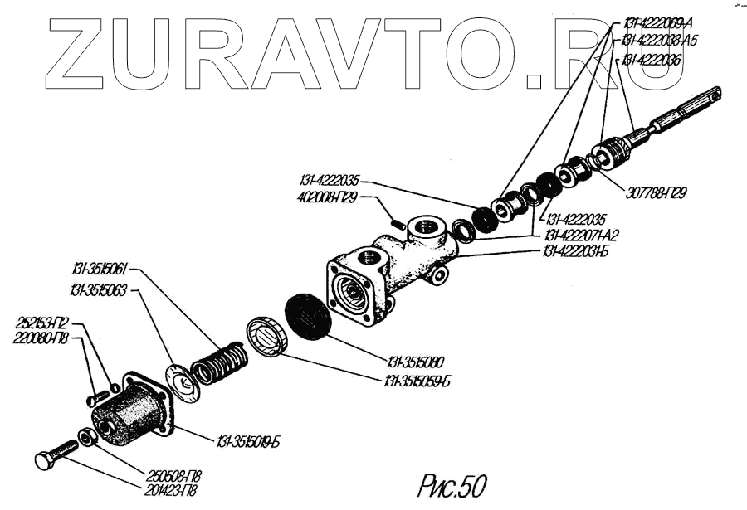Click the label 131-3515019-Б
pos(249,440)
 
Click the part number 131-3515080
pos(416,362)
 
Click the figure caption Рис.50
pos(453,483)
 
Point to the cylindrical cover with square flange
pos(133,412)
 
